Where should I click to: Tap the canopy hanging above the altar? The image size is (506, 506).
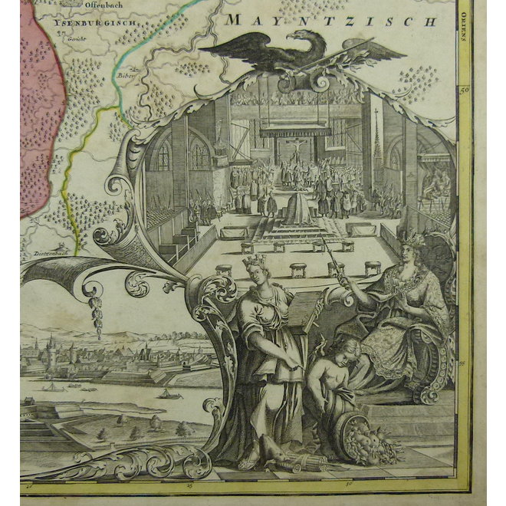296,131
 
